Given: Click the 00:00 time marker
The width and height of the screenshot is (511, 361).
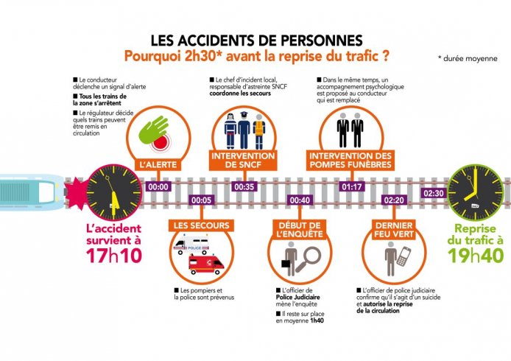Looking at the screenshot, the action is coord(158,187).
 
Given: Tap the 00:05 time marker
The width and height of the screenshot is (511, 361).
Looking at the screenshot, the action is coord(201,200).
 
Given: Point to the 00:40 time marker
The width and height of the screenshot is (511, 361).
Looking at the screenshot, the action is coord(300,200).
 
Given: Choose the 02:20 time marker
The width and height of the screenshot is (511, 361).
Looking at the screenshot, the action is coord(394,200).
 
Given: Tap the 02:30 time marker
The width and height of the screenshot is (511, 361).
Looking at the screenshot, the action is coord(434,193).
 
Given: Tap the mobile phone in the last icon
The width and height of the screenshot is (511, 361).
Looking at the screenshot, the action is coord(404,256).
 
